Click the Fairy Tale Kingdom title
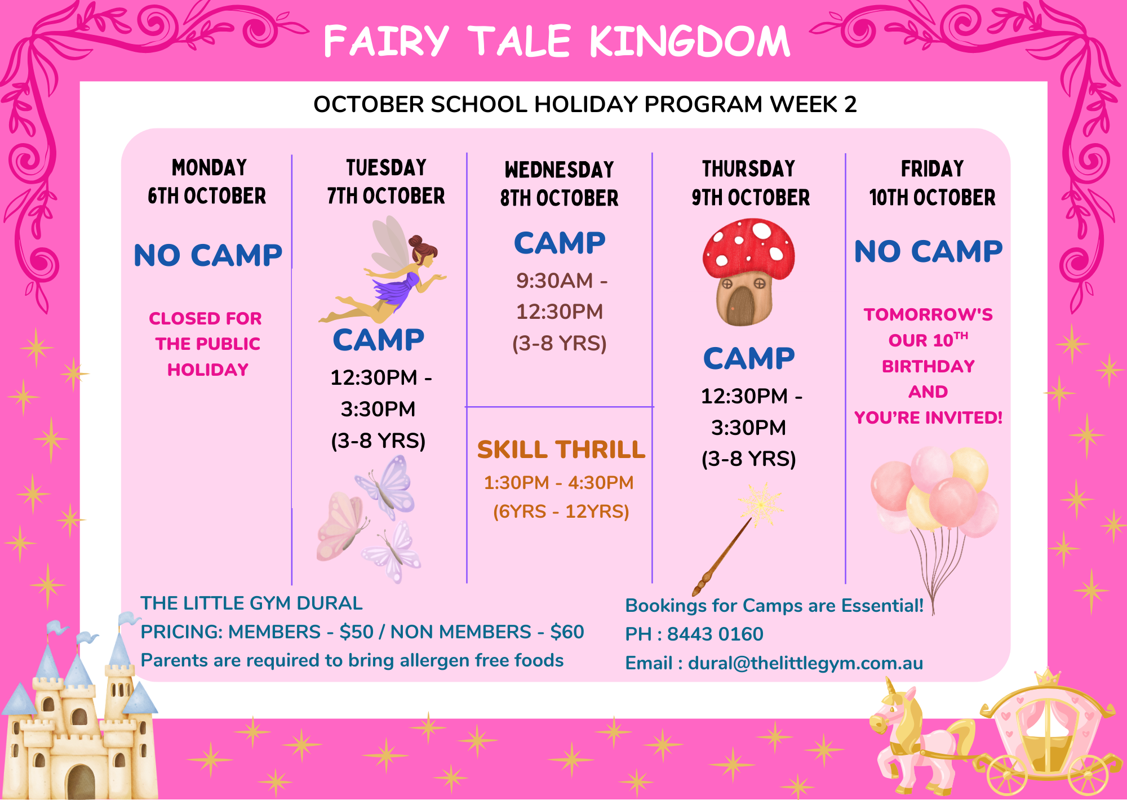pos(557,41)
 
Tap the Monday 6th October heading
pos(207,181)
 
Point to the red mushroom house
pos(748,272)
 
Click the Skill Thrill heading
pos(561,450)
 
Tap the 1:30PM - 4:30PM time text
pos(559,483)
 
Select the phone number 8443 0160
pos(715,634)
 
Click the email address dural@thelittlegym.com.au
pos(805,663)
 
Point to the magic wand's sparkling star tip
pos(761,504)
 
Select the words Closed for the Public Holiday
pos(207,344)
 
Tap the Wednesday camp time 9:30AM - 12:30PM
pos(561,296)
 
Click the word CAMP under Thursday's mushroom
pos(749,358)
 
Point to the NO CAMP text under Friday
pos(929,251)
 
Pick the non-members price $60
pos(567,632)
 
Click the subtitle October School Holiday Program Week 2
pos(585,104)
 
